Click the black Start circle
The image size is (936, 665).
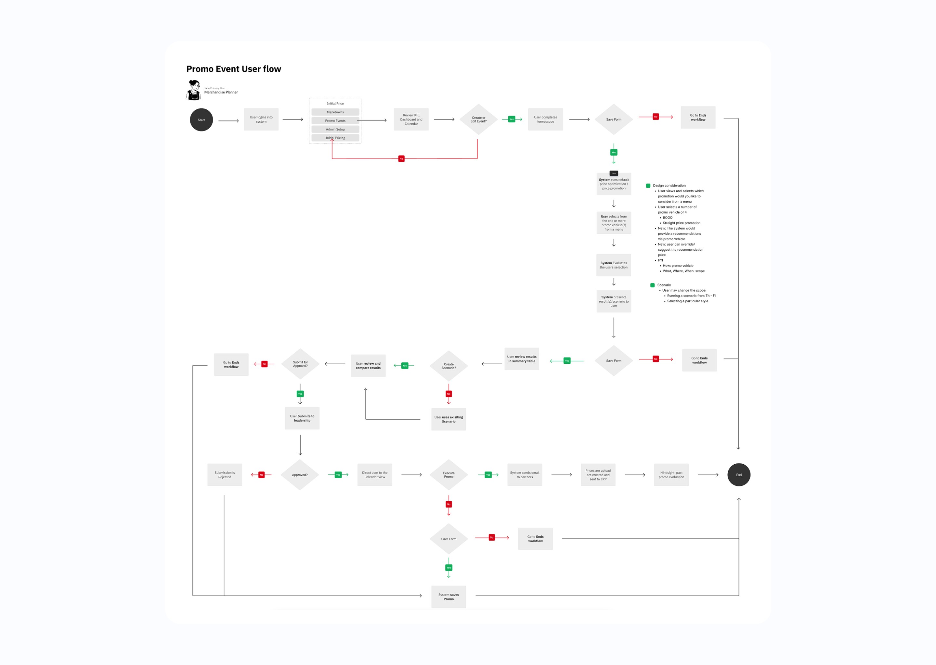click(x=201, y=119)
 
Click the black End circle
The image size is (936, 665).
click(x=738, y=475)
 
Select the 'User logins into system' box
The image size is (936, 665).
click(x=261, y=119)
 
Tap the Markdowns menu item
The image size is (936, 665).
click(x=335, y=112)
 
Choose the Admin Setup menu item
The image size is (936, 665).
click(x=335, y=129)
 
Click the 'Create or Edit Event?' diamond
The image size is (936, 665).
click(x=478, y=119)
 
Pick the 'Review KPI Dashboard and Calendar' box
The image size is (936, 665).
click(x=411, y=119)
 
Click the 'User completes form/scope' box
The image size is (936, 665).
click(x=545, y=119)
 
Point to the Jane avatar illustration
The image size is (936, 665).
click(x=193, y=90)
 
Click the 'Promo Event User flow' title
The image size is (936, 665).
click(x=234, y=69)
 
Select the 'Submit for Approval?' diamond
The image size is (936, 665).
click(x=300, y=364)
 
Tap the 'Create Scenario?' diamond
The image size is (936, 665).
click(x=449, y=366)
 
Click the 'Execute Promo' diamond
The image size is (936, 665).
click(x=449, y=475)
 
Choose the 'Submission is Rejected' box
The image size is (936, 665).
click(x=225, y=475)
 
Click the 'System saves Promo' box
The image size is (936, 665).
click(x=449, y=596)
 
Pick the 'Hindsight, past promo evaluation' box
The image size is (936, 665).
click(x=671, y=475)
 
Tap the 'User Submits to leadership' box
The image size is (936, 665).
click(x=302, y=418)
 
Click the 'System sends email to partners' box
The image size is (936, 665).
click(x=525, y=475)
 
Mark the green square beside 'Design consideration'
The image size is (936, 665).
click(x=648, y=185)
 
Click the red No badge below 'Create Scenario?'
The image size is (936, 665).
click(x=449, y=394)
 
